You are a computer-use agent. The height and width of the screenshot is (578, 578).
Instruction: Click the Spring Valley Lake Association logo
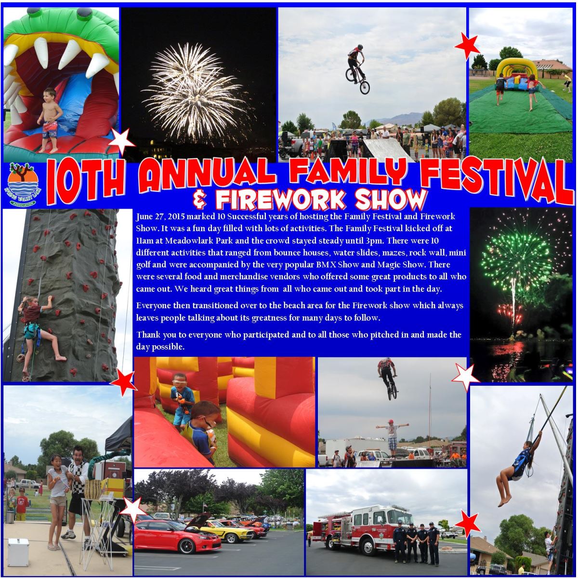[x=23, y=185]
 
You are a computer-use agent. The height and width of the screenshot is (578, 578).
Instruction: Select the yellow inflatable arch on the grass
[x=513, y=69]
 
